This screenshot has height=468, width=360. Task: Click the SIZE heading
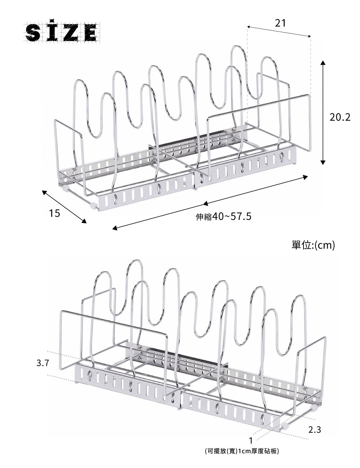(x=62, y=32)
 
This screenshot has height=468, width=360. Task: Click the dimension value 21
(x=280, y=23)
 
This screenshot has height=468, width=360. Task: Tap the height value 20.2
(x=340, y=117)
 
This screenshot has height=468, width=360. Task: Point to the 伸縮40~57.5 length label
(x=223, y=217)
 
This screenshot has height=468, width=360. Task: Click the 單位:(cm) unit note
(x=313, y=245)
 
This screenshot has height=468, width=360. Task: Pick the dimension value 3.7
(x=42, y=363)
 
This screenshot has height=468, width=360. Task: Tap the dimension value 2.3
(x=315, y=429)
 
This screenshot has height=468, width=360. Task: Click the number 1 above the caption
(x=251, y=440)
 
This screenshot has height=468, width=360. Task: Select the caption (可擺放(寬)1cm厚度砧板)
(x=242, y=451)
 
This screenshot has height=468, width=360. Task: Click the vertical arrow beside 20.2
(x=323, y=112)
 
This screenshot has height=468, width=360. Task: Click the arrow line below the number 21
(x=279, y=32)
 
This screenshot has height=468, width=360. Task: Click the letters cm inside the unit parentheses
(x=324, y=246)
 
